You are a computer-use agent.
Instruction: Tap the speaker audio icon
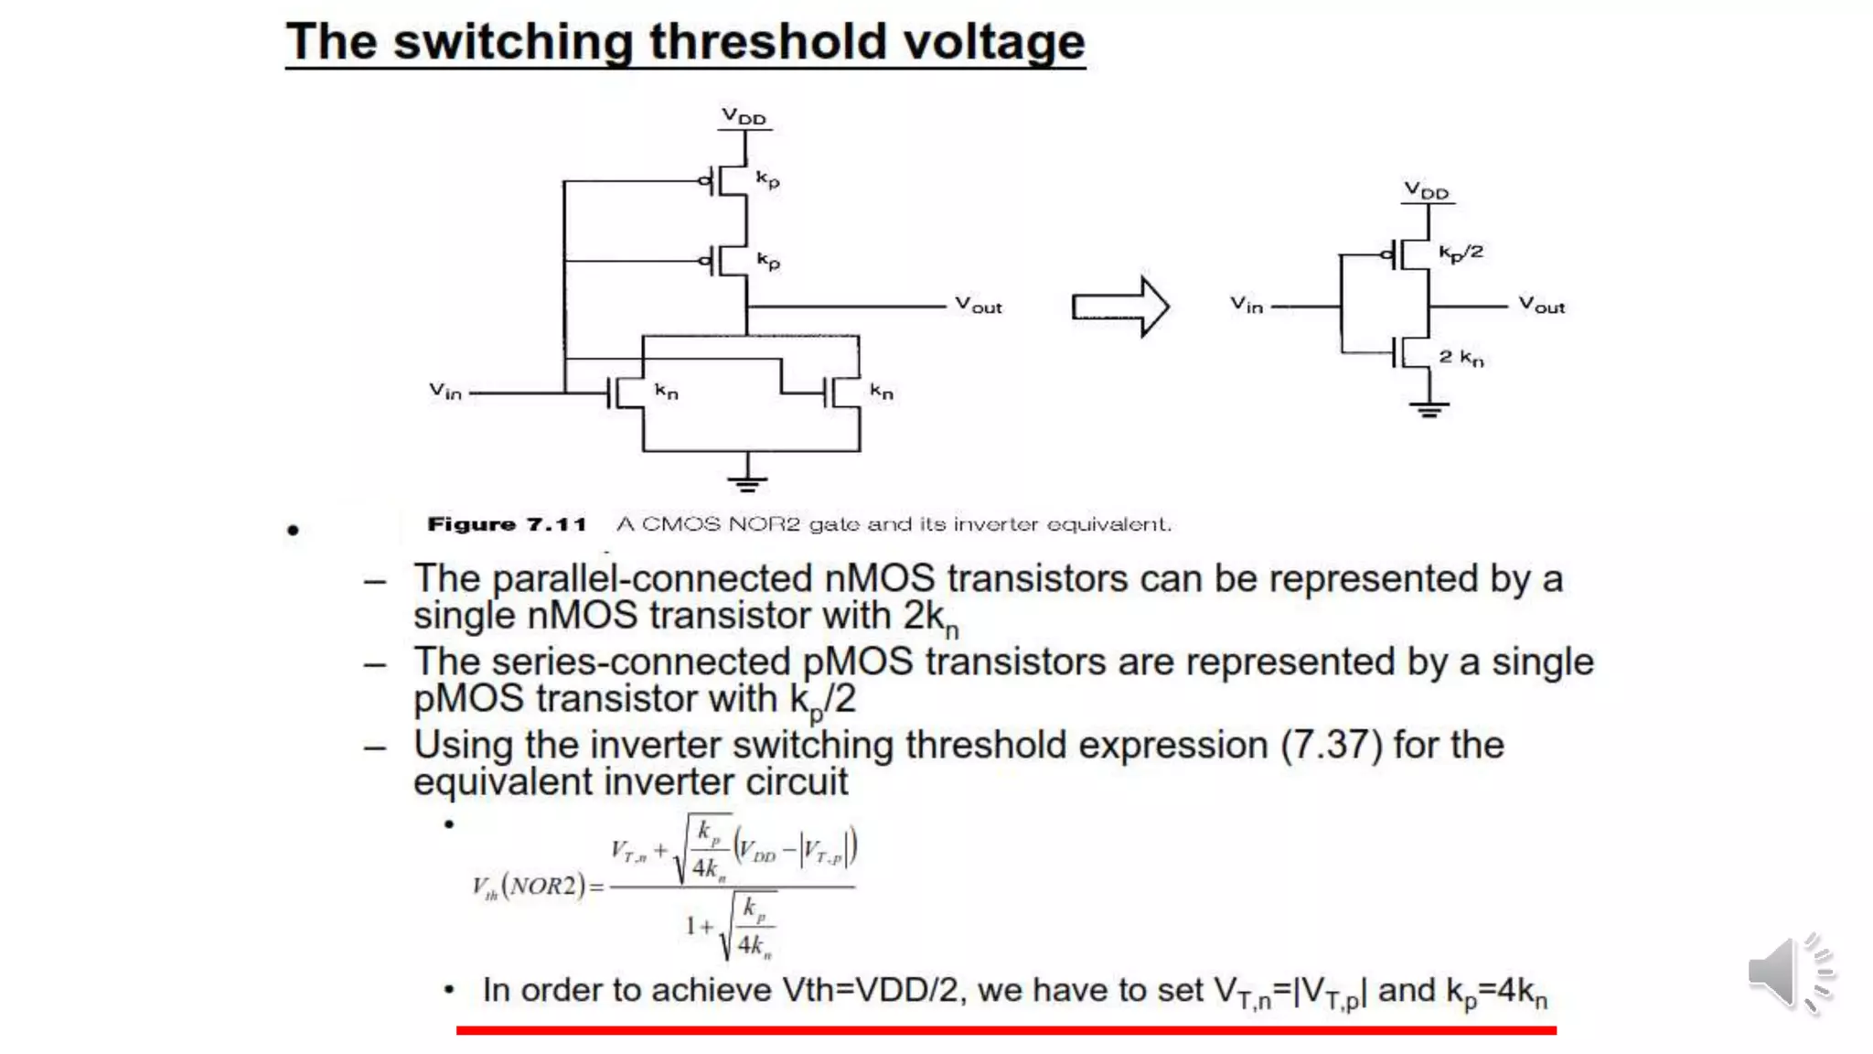1790,973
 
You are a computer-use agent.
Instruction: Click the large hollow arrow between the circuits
1120,307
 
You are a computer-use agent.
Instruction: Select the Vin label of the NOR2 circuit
445,392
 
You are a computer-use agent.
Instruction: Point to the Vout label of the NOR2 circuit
978,305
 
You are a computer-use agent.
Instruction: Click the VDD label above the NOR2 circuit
744,116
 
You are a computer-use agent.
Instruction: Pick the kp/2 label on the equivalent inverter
1461,253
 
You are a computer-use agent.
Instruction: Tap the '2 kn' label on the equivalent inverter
1461,358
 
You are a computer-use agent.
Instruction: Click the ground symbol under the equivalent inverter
1429,409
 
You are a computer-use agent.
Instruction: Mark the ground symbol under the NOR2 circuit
747,482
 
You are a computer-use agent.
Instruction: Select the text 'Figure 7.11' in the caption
507,524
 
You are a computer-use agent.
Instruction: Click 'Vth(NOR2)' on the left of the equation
529,887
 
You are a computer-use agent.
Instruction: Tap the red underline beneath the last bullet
1006,1030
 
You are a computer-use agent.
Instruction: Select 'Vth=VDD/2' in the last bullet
870,990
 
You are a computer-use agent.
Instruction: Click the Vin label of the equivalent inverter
1246,305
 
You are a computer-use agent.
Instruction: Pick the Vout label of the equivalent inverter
1541,305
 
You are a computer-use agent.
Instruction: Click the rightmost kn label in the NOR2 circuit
881,392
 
